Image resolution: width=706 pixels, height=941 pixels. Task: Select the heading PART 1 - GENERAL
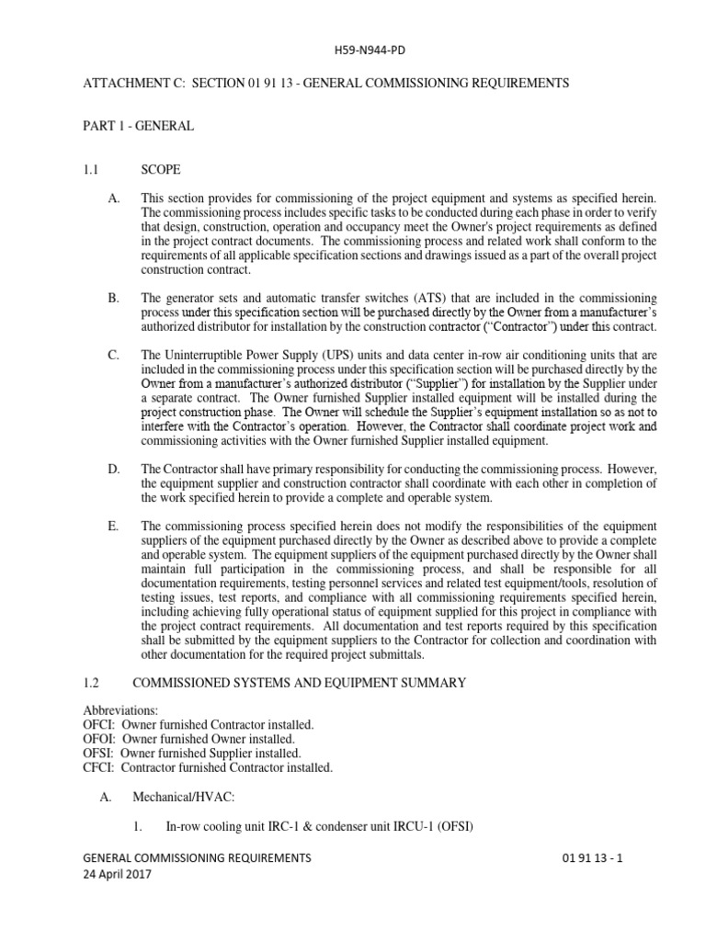pos(138,126)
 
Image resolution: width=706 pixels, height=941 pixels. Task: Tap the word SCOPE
pos(160,170)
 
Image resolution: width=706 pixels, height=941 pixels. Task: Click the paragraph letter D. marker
pos(114,470)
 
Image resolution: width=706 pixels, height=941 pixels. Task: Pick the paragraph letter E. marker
pos(114,526)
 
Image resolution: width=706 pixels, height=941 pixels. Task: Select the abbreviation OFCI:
pos(99,725)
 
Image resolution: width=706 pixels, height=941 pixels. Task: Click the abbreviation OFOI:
pos(99,739)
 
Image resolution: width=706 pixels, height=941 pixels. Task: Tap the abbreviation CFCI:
pos(98,766)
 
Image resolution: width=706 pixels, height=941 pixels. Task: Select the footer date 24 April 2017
pos(117,875)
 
